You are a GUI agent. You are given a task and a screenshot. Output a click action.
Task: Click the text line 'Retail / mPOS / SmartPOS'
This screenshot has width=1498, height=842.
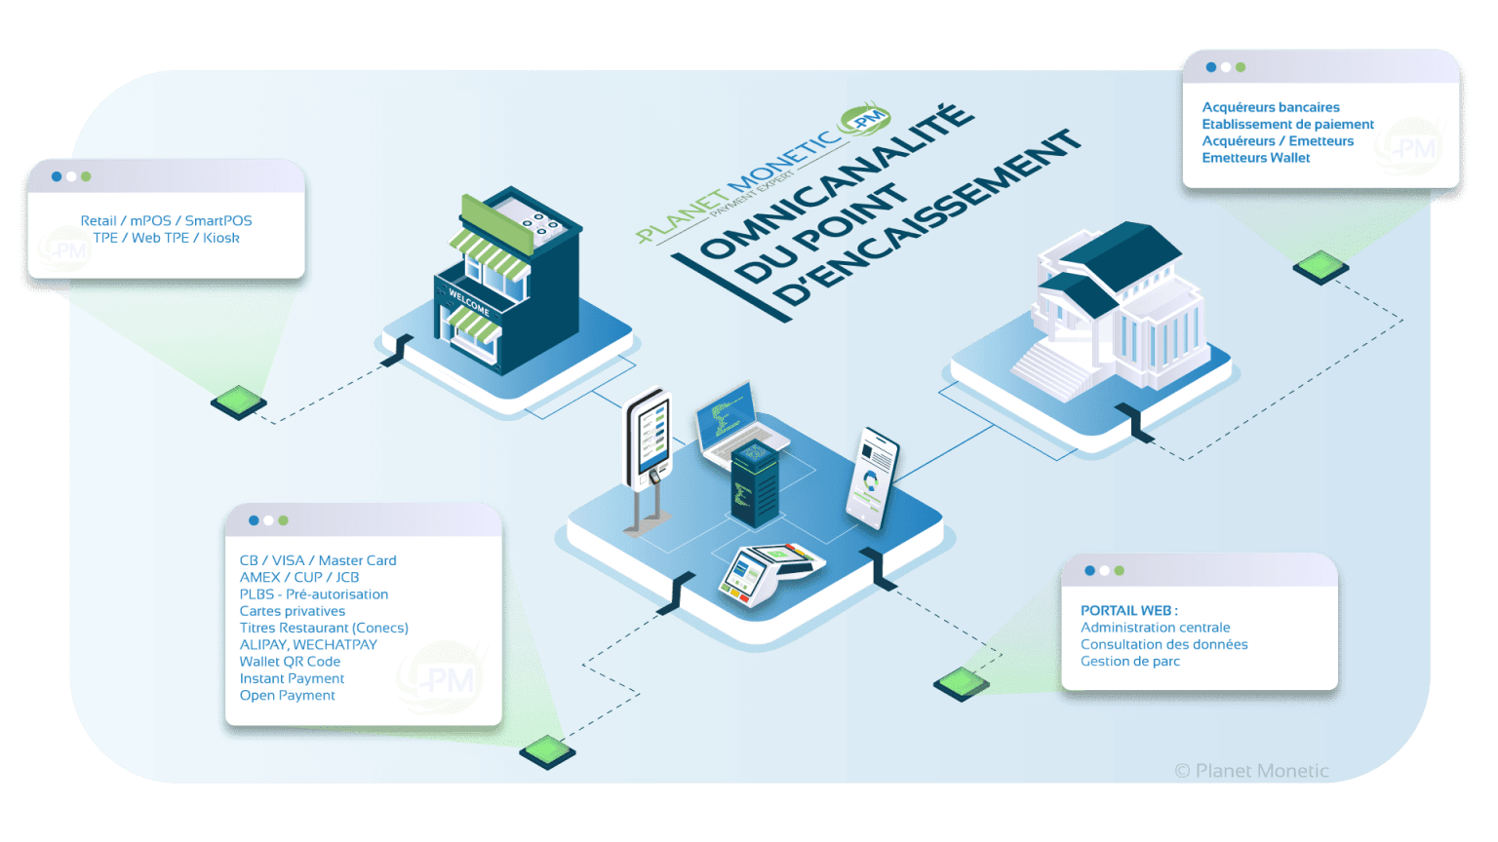[x=166, y=221]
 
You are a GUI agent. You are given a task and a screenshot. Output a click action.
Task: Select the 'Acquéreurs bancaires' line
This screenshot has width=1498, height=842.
[x=1270, y=107]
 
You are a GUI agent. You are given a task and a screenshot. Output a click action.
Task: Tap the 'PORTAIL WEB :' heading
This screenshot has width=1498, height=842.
[x=1128, y=610]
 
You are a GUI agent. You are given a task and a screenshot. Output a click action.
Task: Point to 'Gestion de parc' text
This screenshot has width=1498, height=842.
[x=1129, y=661]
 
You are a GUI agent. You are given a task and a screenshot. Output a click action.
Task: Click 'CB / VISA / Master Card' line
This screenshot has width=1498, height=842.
[x=318, y=560]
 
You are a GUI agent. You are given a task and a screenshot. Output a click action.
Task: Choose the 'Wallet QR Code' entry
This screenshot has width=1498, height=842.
[x=290, y=661]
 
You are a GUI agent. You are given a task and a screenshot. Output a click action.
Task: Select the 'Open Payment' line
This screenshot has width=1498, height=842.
[x=287, y=695]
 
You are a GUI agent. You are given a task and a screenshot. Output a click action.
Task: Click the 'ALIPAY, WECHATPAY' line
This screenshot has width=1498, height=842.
[x=308, y=644]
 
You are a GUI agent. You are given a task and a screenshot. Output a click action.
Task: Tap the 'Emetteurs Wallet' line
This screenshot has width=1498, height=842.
[x=1255, y=158]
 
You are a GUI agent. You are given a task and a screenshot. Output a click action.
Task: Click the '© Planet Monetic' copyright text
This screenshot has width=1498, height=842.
[x=1251, y=771]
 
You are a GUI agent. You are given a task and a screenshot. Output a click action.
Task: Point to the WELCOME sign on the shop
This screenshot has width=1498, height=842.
[x=469, y=301]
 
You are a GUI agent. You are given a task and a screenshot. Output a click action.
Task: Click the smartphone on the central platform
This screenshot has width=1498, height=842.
[x=872, y=478]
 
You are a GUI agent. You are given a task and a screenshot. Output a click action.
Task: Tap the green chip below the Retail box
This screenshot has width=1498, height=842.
[x=238, y=401]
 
